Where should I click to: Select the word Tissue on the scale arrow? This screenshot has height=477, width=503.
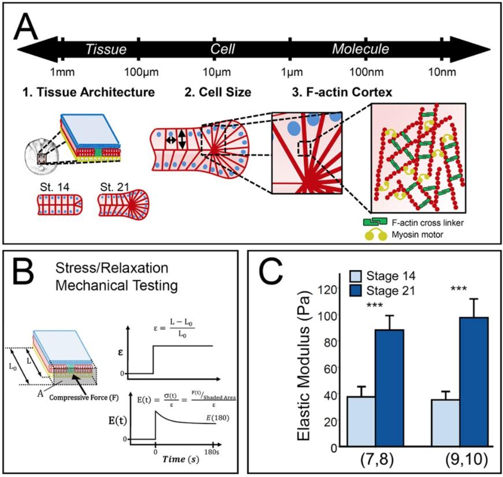click(106, 49)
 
